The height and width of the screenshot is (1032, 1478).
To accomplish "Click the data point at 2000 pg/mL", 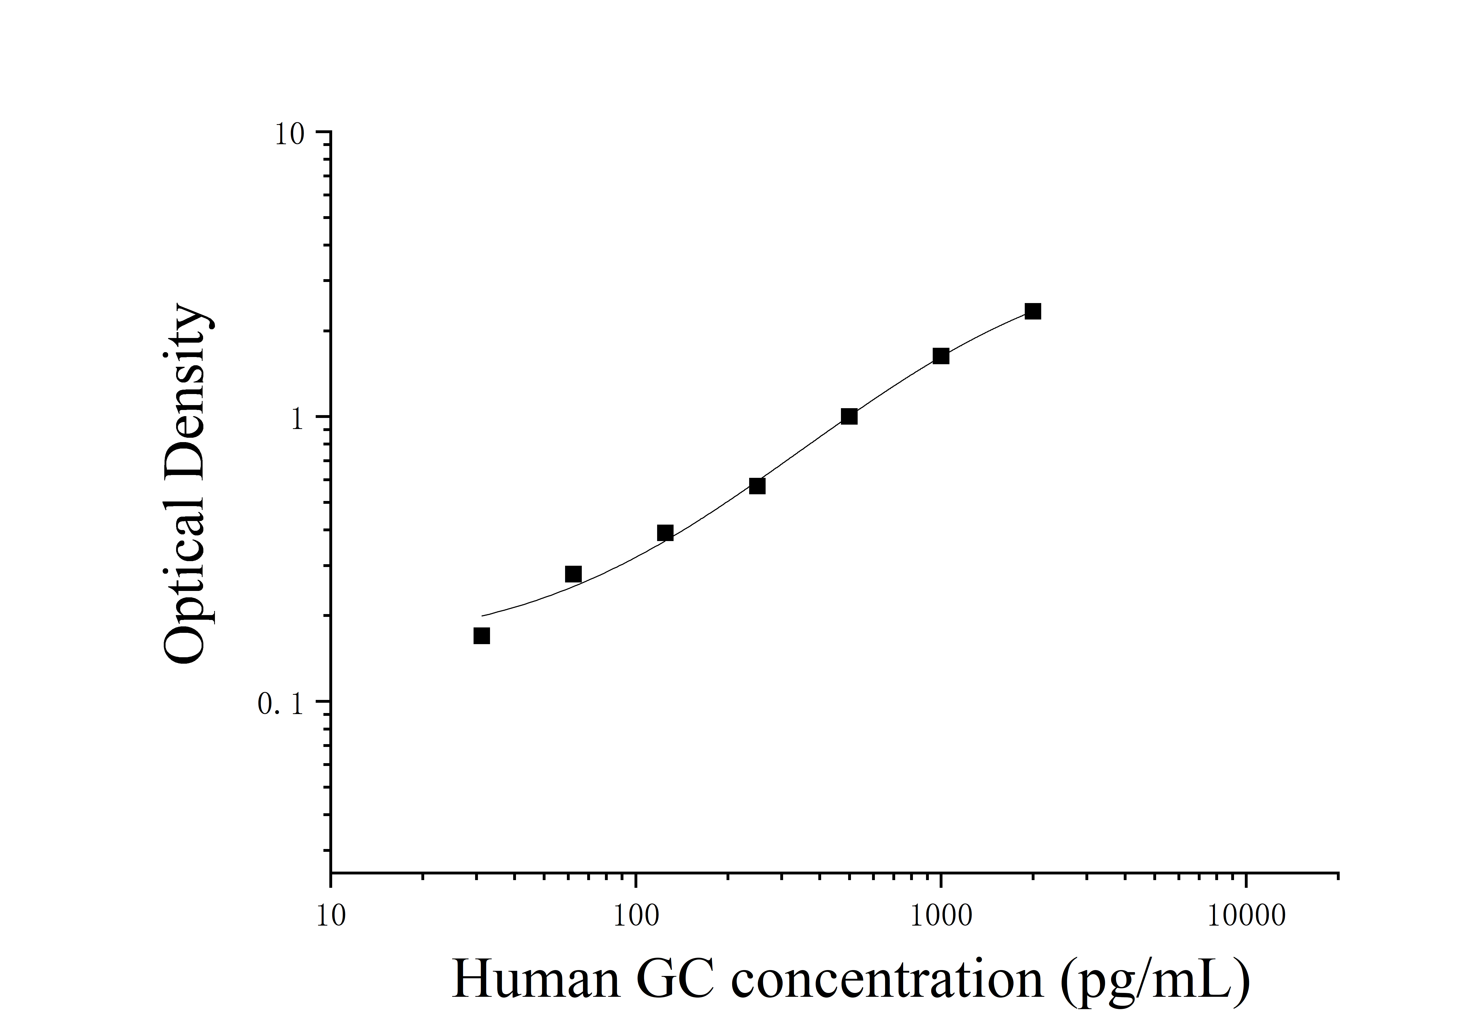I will (1032, 312).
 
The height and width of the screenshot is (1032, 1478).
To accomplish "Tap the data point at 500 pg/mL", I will (849, 417).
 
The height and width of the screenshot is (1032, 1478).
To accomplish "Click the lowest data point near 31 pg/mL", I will (482, 636).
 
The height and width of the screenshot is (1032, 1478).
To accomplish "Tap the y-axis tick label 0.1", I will (280, 705).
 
